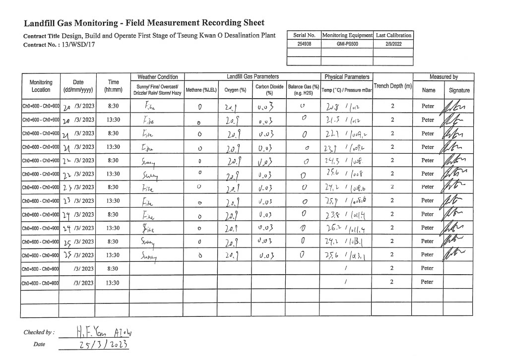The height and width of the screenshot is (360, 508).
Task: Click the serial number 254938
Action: pos(305,44)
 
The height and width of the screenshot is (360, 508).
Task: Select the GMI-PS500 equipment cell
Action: pos(347,44)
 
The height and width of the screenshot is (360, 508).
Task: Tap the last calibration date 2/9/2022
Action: pos(393,44)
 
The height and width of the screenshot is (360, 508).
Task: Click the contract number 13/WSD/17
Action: pos(79,44)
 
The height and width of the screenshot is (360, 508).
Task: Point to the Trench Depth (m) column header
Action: pos(393,86)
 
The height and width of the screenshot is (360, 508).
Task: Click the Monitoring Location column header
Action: pos(41,86)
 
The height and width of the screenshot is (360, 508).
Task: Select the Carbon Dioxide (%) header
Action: pos(269,89)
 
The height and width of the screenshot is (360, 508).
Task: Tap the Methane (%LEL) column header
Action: pos(199,90)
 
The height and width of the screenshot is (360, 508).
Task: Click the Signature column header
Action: pos(459,90)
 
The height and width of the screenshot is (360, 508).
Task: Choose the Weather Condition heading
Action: pos(157,77)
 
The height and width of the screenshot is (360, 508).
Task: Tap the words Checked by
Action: pos(39,332)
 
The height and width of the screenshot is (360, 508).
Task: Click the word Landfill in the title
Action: pos(41,23)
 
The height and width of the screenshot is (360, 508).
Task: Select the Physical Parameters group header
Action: pos(347,77)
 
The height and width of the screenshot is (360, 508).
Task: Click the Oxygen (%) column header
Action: pos(236,90)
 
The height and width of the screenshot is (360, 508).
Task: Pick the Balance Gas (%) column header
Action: pos(303,89)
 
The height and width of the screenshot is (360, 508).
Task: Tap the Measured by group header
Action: pos(444,77)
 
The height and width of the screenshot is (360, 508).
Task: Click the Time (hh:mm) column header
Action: pos(114,86)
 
